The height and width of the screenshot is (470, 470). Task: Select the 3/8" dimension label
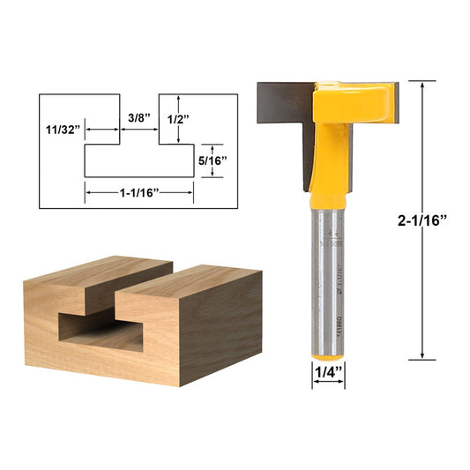coord(138,116)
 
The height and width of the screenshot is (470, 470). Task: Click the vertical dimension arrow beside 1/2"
coord(179,118)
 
